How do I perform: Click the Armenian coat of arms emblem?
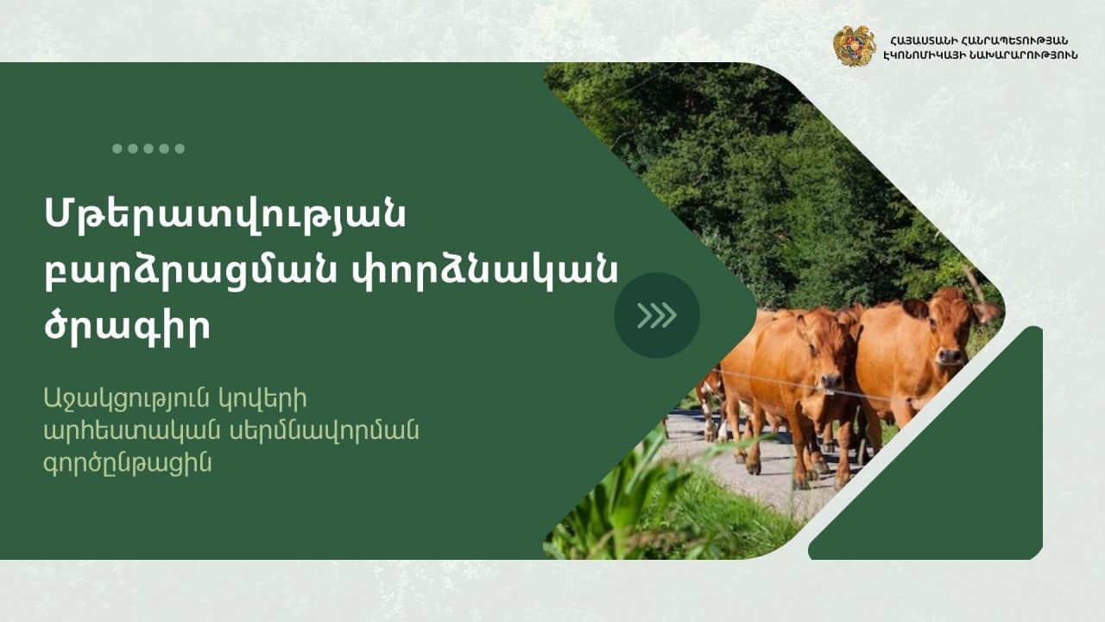point(855,47)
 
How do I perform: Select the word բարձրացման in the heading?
point(191,270)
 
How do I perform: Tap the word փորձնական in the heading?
point(485,270)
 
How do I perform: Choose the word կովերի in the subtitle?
point(263,398)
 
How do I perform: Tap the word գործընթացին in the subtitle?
point(128,463)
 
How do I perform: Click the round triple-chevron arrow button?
point(657,315)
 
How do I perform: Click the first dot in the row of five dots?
point(117,149)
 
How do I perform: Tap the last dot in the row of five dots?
point(180,149)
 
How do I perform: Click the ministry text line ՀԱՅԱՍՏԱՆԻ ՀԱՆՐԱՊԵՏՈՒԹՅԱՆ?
point(979,41)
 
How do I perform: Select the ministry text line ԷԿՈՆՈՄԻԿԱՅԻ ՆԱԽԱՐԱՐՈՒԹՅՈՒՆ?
point(981,55)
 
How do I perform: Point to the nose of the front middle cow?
point(830,382)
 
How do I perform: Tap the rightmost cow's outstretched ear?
point(986,313)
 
